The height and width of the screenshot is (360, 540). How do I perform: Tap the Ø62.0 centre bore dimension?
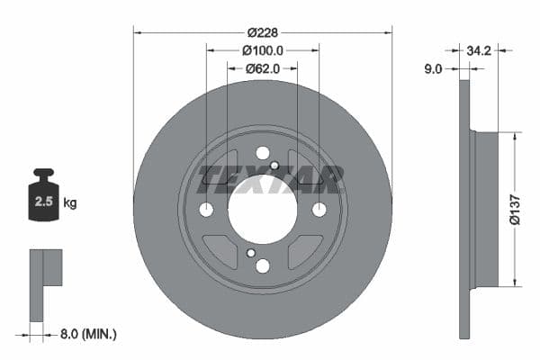pyautogui.click(x=263, y=67)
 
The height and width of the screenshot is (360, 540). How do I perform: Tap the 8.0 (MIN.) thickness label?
pyautogui.click(x=88, y=335)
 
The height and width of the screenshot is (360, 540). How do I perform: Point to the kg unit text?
pyautogui.click(x=70, y=203)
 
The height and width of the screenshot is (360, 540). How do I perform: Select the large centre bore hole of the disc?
pyautogui.click(x=262, y=209)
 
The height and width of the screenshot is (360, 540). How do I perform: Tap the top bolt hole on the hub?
pyautogui.click(x=262, y=153)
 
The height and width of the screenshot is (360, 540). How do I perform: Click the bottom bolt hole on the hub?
pyautogui.click(x=262, y=265)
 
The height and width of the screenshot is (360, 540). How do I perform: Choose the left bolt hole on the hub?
pyautogui.click(x=206, y=210)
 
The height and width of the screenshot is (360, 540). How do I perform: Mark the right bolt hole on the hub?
pyautogui.click(x=319, y=210)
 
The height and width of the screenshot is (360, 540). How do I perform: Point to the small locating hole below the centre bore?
pyautogui.click(x=251, y=253)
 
